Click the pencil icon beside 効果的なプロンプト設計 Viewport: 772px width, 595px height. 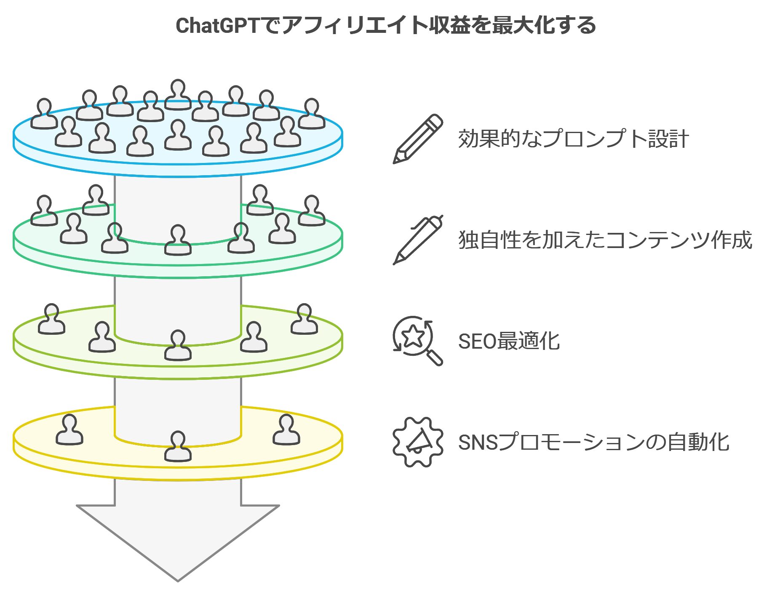pyautogui.click(x=417, y=139)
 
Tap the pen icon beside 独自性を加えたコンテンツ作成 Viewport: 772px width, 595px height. pyautogui.click(x=417, y=240)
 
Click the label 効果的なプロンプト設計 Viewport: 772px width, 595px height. pyautogui.click(x=573, y=139)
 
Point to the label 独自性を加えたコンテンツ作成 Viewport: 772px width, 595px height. pyautogui.click(x=605, y=240)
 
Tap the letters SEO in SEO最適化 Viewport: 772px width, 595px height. pyautogui.click(x=477, y=341)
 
